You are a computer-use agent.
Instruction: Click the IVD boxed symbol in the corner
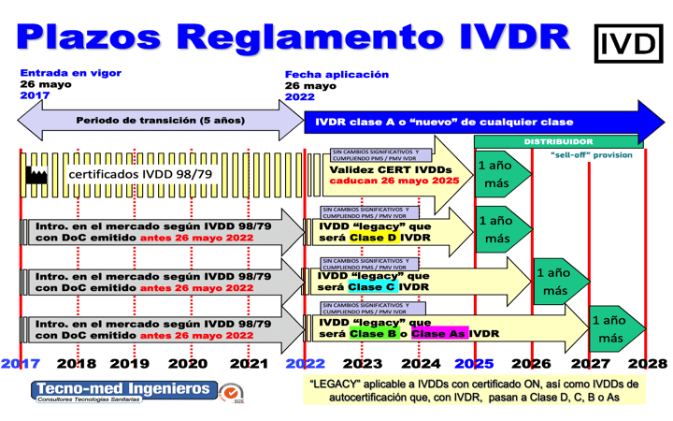[x=628, y=43]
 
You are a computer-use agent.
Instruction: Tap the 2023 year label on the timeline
[x=363, y=363]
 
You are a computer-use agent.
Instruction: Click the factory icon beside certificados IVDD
[x=37, y=175]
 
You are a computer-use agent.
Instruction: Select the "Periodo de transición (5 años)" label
[x=160, y=121]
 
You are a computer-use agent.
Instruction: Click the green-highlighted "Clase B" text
[x=372, y=333]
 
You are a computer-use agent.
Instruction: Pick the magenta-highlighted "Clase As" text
[x=439, y=333]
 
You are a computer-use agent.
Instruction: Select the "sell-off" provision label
[x=591, y=154]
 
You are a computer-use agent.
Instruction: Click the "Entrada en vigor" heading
[x=71, y=73]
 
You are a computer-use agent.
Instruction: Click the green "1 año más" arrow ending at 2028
[x=612, y=329]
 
